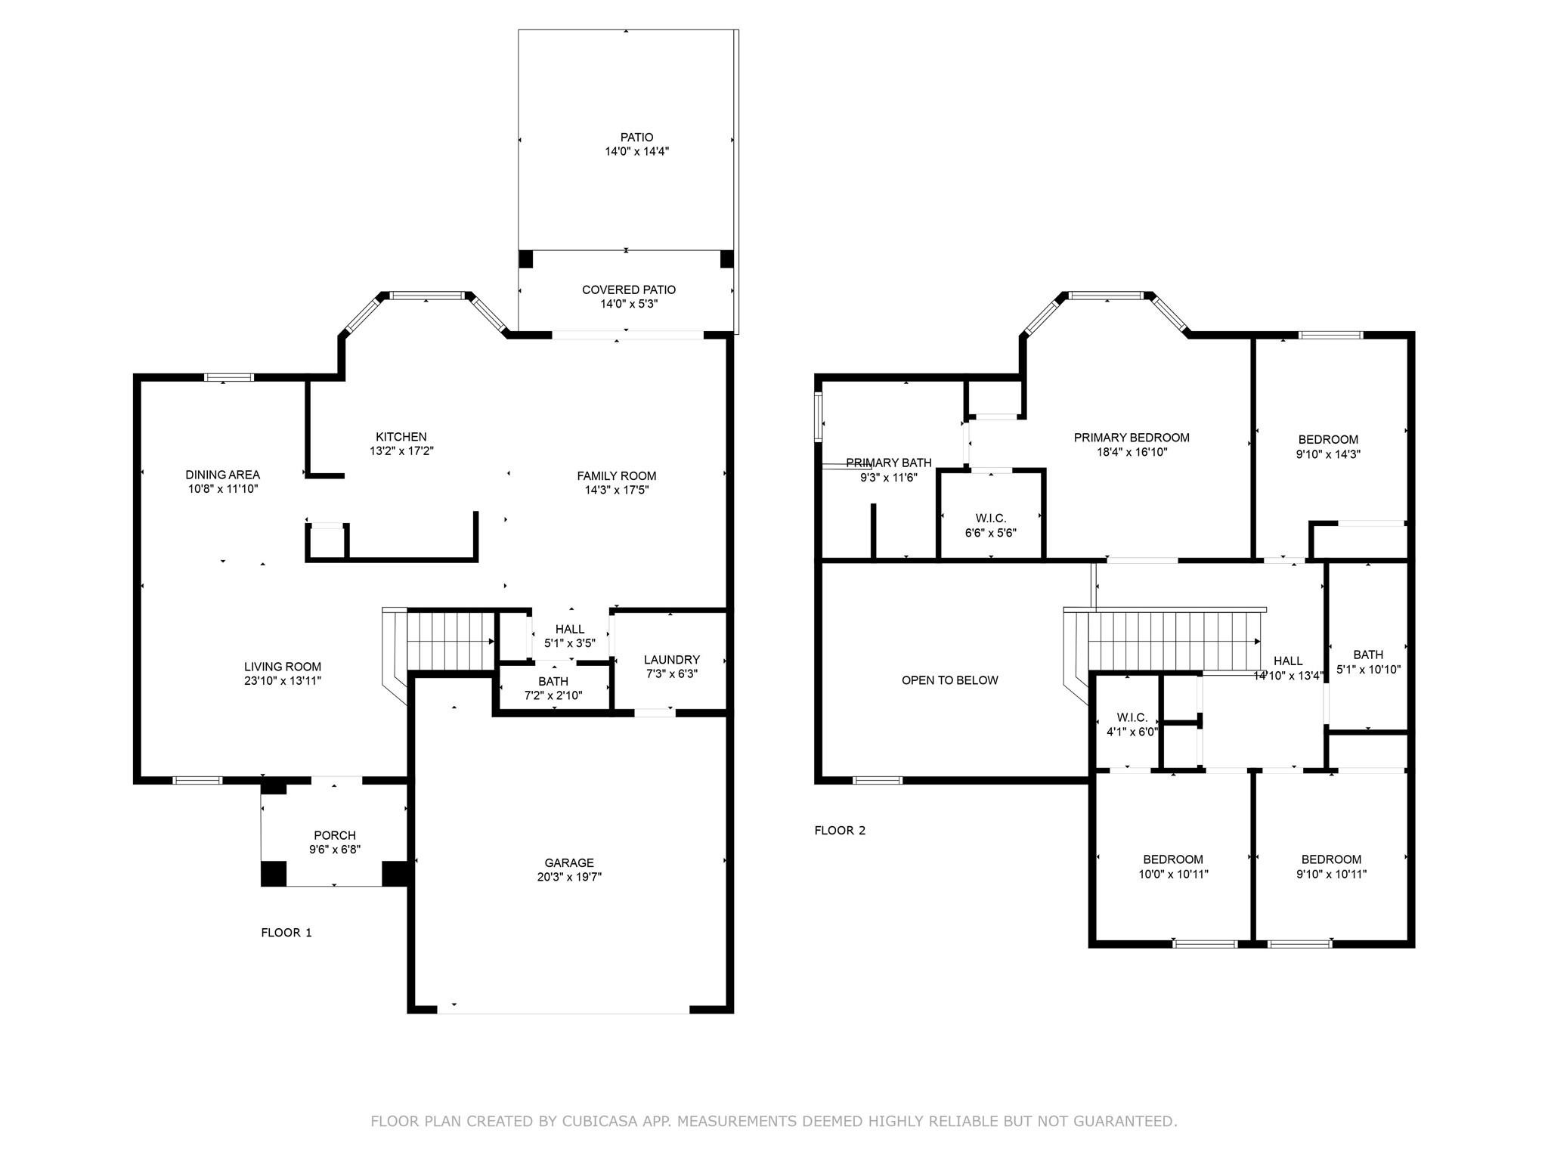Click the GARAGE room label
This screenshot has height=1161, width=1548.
(569, 862)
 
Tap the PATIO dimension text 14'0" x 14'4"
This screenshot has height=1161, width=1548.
(636, 151)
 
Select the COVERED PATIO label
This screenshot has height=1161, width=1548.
(629, 289)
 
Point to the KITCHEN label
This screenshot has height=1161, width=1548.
(401, 437)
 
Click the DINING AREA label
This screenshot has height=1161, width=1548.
(223, 475)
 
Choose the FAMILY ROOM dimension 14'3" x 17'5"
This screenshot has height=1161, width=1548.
(617, 490)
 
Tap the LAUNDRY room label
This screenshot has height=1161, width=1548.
(672, 659)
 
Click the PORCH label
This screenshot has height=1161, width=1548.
(335, 835)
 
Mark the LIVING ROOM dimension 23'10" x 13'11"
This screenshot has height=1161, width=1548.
(283, 680)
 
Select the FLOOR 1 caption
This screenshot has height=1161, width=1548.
(286, 932)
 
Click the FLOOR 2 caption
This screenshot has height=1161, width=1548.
(840, 830)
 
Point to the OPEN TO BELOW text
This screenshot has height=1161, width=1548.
(950, 680)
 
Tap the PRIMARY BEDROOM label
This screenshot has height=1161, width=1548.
(1132, 438)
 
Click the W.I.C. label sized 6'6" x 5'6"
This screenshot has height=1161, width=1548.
(991, 519)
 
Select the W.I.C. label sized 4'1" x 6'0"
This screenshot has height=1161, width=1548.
(1132, 717)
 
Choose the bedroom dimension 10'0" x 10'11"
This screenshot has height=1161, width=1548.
(1173, 875)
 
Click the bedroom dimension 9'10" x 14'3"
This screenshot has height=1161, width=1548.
(1328, 454)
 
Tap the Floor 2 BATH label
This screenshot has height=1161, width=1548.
(1368, 655)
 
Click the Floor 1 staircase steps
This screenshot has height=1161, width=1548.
(450, 641)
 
